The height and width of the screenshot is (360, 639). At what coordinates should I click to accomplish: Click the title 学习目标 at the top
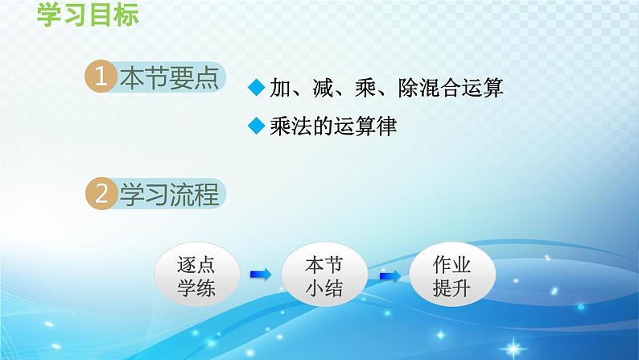(x=88, y=16)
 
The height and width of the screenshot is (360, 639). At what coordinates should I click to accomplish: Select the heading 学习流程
(x=169, y=194)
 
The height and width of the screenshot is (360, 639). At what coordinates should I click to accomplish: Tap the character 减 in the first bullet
(x=326, y=89)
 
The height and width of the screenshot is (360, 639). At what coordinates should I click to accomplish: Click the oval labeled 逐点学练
(x=196, y=276)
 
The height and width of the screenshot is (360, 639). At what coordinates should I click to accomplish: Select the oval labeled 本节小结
(x=324, y=276)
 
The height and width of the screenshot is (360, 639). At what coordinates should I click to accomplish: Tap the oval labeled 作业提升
(x=451, y=276)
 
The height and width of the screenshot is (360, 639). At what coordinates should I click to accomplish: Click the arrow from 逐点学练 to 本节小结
(x=260, y=276)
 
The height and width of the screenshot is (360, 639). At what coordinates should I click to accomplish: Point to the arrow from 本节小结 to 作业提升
(x=390, y=276)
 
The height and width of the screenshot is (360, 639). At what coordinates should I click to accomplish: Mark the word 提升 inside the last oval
(x=451, y=288)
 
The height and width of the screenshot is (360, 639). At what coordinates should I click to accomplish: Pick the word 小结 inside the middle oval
(x=324, y=288)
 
